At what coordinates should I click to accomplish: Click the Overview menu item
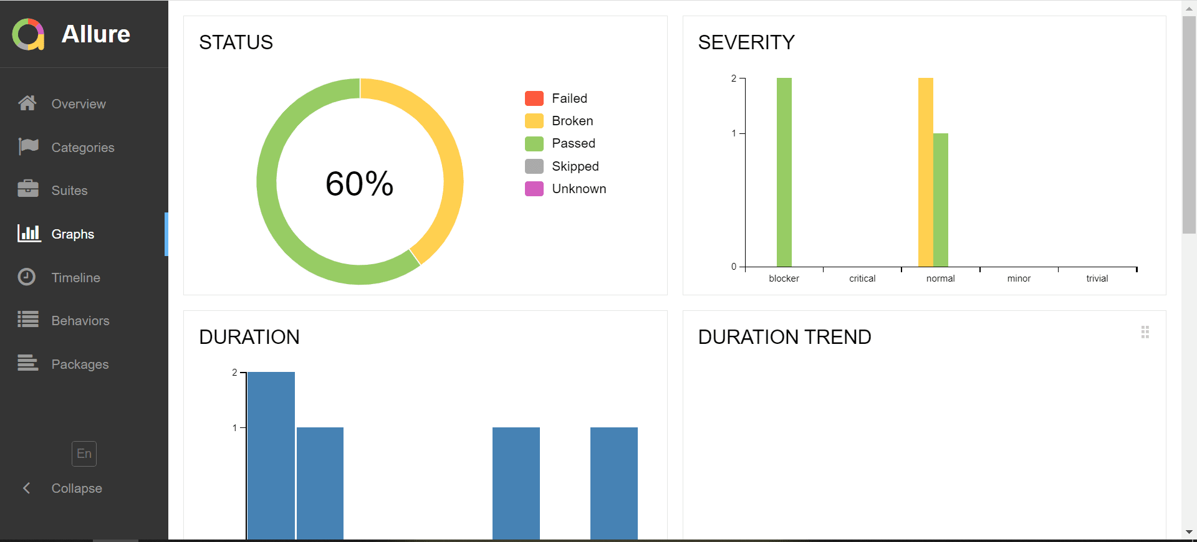[78, 104]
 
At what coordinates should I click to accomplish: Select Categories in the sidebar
[82, 148]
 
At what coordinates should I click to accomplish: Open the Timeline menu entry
[75, 278]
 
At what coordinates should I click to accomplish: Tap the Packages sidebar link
[80, 364]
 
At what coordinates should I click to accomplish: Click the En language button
[84, 454]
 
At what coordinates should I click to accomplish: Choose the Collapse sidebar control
[76, 488]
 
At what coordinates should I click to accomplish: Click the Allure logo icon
[28, 34]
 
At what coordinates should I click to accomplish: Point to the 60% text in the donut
[359, 184]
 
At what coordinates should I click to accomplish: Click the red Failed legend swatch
[534, 98]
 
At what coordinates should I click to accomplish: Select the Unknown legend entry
[579, 189]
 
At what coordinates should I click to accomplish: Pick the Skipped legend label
[575, 166]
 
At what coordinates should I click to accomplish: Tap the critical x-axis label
[862, 278]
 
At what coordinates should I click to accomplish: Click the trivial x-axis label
[1097, 278]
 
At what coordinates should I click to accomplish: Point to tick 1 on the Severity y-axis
[734, 133]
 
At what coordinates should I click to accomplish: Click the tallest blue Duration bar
[271, 455]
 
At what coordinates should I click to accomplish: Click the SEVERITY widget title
[746, 42]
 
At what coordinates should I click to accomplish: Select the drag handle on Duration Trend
[1145, 332]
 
